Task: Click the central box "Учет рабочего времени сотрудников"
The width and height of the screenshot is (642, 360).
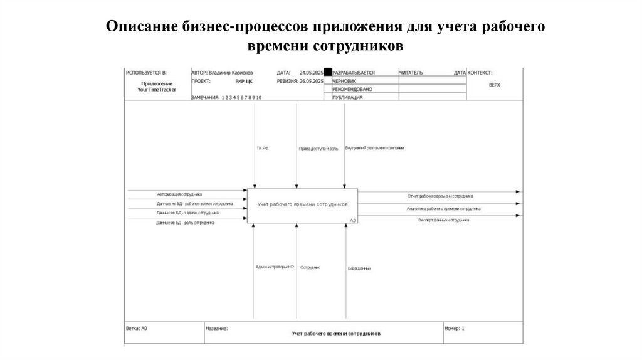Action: click(302, 205)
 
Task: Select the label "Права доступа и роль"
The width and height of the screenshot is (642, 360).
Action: click(318, 149)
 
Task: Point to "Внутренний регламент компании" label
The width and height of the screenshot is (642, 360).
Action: click(374, 148)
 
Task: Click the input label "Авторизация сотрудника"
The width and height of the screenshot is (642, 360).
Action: click(179, 194)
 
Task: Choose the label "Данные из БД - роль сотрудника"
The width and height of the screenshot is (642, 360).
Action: click(186, 222)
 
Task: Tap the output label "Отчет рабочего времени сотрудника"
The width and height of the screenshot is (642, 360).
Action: click(441, 196)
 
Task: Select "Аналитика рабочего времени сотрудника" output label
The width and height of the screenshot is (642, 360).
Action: click(443, 208)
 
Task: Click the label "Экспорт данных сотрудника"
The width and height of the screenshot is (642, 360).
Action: click(443, 220)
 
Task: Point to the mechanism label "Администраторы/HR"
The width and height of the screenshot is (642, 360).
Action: click(275, 267)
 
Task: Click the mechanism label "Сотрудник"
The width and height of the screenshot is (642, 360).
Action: click(310, 268)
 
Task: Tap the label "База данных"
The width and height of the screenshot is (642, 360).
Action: click(359, 268)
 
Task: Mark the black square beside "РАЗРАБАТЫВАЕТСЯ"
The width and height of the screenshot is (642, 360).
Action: click(327, 73)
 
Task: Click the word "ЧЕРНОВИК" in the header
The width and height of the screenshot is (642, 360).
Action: click(345, 81)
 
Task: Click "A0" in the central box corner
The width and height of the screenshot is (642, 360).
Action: click(353, 220)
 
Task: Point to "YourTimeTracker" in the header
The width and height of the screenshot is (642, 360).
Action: click(157, 90)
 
